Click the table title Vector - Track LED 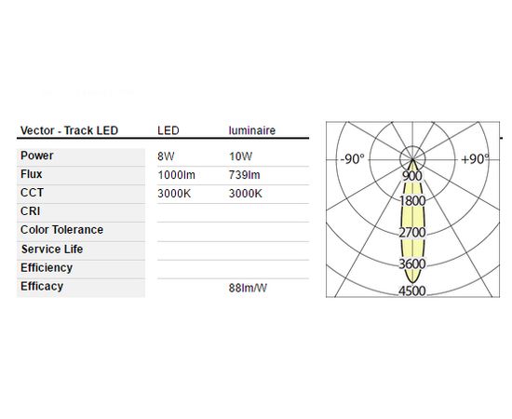pyautogui.click(x=69, y=130)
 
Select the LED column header pyautogui.click(x=168, y=130)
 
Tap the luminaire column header pyautogui.click(x=251, y=130)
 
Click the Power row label pyautogui.click(x=36, y=155)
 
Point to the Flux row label pyautogui.click(x=31, y=174)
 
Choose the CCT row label pyautogui.click(x=32, y=193)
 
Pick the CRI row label pyautogui.click(x=30, y=211)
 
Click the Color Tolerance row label pyautogui.click(x=61, y=230)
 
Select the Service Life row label pyautogui.click(x=52, y=250)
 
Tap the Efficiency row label pyautogui.click(x=47, y=268)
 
